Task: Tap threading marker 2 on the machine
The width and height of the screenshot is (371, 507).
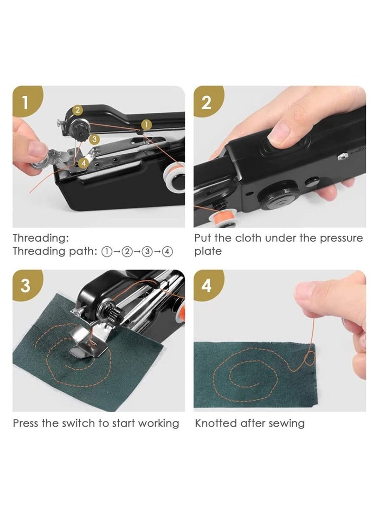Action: point(77,110)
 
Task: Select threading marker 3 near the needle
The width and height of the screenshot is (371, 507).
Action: point(94,138)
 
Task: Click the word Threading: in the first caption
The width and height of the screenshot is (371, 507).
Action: point(41,238)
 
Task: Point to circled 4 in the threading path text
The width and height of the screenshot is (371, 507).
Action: point(167,252)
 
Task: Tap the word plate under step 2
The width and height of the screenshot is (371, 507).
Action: point(208,251)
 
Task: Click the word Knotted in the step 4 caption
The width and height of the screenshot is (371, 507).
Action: point(216,423)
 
